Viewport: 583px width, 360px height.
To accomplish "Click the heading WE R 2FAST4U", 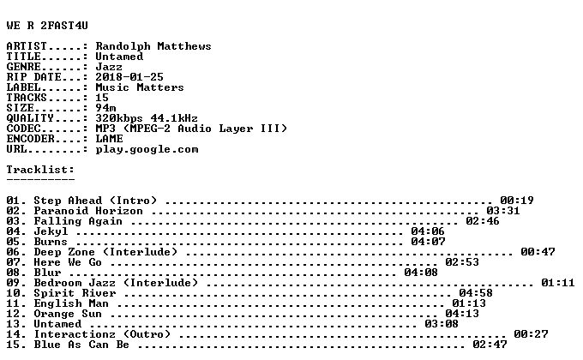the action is (x=47, y=26).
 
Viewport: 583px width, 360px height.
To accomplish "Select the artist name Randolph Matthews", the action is (x=153, y=46).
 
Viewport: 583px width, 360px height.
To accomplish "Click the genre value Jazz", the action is (x=109, y=67).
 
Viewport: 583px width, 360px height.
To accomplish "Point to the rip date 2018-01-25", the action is (x=129, y=77).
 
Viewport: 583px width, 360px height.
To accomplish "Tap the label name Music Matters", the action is (x=140, y=87).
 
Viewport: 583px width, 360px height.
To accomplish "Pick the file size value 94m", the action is (x=105, y=108).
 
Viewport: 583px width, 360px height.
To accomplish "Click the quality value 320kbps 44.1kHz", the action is (x=147, y=118).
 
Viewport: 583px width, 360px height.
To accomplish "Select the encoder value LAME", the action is (x=109, y=139).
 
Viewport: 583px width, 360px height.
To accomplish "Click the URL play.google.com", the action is (x=147, y=149).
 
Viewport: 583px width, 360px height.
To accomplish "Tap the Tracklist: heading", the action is (x=40, y=170).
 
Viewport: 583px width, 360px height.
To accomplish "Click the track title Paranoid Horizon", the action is (x=88, y=211).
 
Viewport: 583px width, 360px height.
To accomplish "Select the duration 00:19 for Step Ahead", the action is (x=517, y=201).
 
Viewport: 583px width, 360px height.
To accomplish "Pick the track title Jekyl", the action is (x=51, y=231).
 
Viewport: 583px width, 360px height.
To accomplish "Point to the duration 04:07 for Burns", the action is (x=428, y=242).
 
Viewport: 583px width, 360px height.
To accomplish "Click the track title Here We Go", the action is (x=68, y=262).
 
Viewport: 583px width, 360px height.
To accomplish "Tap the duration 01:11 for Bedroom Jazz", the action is (x=558, y=283).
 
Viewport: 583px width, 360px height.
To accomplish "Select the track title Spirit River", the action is (x=75, y=293).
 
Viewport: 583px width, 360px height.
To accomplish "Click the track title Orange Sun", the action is (x=68, y=314).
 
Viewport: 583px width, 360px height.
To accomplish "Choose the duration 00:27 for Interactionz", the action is (x=531, y=334).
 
